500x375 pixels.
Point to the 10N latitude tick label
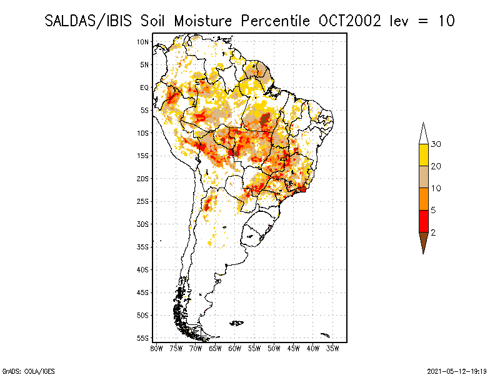coord(142,42)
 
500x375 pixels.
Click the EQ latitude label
coord(144,87)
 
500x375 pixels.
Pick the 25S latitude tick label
coord(142,201)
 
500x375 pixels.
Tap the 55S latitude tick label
coord(142,338)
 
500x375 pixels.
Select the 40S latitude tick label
coord(142,269)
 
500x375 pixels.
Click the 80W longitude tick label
coord(156,347)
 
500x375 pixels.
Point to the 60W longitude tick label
coord(235,347)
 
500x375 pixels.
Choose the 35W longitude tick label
coord(333,347)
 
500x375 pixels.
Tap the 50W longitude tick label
coord(274,347)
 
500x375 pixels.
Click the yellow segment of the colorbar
coord(423,155)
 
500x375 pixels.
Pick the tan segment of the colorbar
coord(423,177)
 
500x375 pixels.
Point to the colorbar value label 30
coord(436,144)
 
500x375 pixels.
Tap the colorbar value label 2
coord(433,232)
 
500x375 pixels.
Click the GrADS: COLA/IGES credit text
coord(21,370)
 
